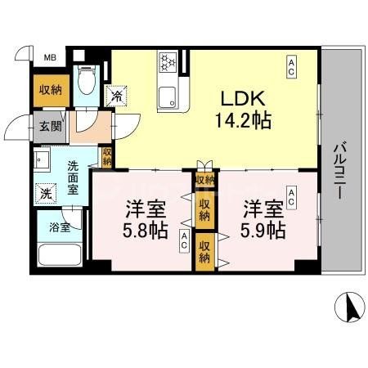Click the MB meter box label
pyautogui.click(x=50, y=57)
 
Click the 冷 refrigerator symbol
pyautogui.click(x=119, y=96)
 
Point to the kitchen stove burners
pyautogui.click(x=168, y=64)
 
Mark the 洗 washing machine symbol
pyautogui.click(x=44, y=193)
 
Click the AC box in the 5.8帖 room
pyautogui.click(x=185, y=240)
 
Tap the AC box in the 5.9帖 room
pyautogui.click(x=292, y=193)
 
